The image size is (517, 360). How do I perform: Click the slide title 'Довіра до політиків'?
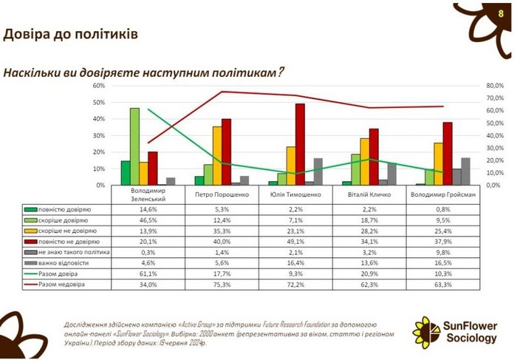70,35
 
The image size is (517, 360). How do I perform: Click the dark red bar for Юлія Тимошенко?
300,144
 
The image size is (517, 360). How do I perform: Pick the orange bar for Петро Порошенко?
217,155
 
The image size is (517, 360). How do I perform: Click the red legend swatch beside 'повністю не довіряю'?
28,241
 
